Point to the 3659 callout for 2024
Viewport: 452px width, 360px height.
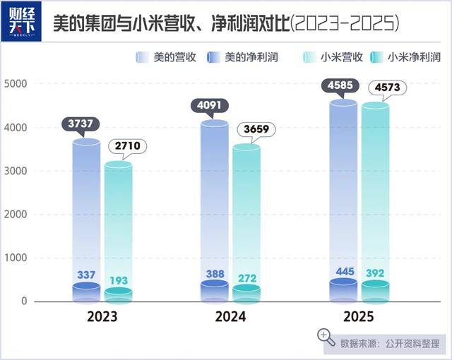256,130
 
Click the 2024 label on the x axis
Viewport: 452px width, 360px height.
231,317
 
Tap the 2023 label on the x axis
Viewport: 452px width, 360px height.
102,317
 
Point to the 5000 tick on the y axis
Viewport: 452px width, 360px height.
15,84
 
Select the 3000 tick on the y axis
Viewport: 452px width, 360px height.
15,171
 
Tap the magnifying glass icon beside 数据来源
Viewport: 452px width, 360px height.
325,336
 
